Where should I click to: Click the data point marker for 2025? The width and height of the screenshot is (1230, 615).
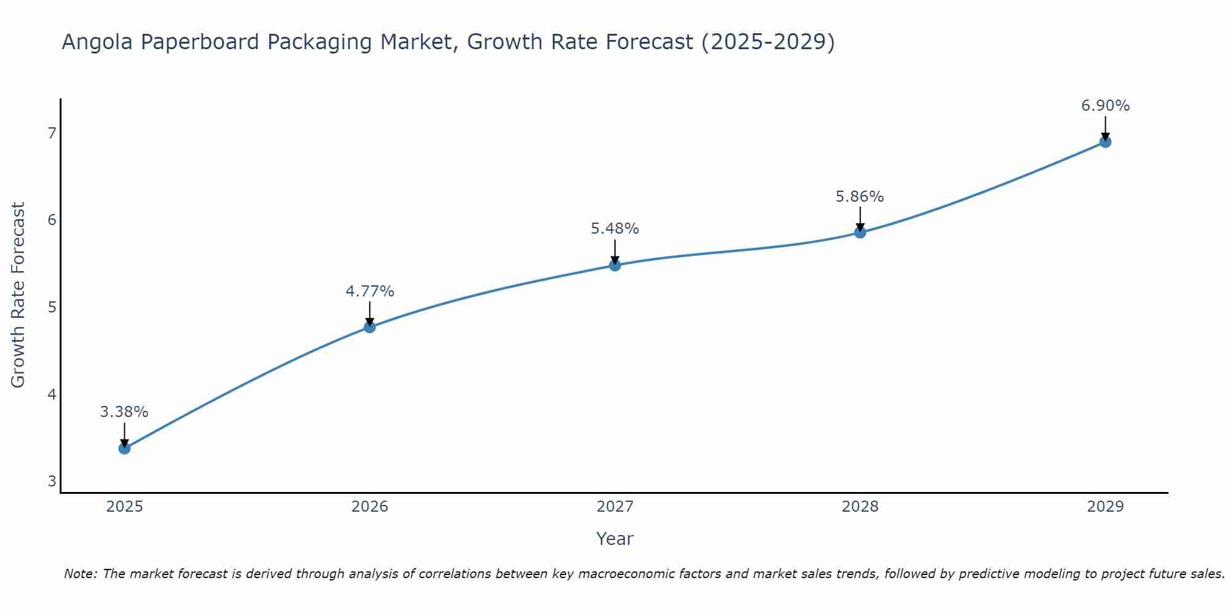124,448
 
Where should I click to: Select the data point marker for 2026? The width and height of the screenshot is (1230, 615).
370,327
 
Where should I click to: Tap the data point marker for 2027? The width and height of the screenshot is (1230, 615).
615,265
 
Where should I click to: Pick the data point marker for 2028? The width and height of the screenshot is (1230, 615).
860,232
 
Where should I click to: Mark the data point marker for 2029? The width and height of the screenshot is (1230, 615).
1105,142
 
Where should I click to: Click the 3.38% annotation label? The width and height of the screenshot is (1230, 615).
124,412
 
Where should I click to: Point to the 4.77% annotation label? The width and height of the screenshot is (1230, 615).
370,292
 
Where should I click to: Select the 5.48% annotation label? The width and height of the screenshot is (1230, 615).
615,229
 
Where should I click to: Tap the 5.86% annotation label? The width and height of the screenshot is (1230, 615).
860,197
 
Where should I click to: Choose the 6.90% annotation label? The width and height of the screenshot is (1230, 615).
1105,106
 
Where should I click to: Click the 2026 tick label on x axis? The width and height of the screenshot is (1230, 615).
370,507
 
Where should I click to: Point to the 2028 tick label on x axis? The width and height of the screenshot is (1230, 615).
860,507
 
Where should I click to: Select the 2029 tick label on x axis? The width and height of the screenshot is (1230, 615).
1105,507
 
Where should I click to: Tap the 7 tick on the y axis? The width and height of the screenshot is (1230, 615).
52,133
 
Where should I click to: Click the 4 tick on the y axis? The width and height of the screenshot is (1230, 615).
52,394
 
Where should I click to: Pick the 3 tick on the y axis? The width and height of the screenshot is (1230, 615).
52,481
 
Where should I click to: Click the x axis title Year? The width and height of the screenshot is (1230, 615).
615,539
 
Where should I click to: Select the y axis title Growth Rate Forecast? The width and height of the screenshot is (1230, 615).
18,295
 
